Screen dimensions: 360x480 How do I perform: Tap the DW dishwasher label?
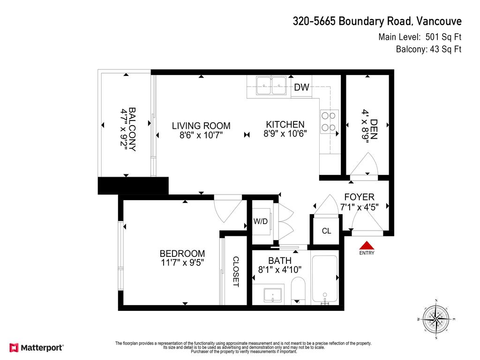point(301,87)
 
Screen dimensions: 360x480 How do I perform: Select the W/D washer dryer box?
point(261,221)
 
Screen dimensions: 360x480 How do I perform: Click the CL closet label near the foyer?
point(326,231)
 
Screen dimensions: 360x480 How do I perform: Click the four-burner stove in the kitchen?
point(330,120)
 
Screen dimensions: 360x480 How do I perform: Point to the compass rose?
point(436,319)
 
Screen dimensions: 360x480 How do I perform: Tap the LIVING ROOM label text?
point(201,126)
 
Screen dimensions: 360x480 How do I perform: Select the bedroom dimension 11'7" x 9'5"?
point(182,262)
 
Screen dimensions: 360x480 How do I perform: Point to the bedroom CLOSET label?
point(236,272)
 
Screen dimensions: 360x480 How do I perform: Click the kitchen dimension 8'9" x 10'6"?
point(285,134)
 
